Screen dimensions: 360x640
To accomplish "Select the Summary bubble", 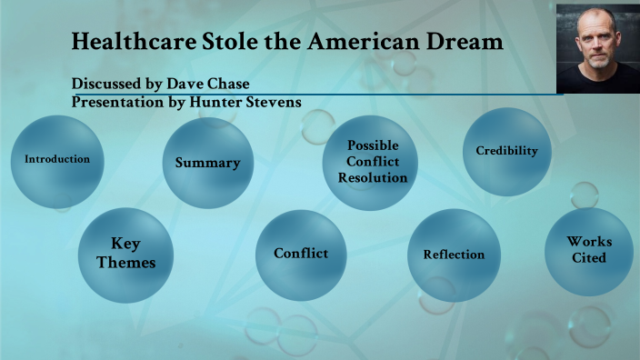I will pyautogui.click(x=207, y=163).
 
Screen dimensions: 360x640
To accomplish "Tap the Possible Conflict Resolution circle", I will pyautogui.click(x=372, y=162).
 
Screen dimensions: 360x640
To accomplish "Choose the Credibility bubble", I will pyautogui.click(x=506, y=151).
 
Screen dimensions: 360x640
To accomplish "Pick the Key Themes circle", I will pyautogui.click(x=125, y=254).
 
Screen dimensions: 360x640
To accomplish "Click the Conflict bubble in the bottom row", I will pyautogui.click(x=301, y=254).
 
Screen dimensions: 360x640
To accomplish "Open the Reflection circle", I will pyautogui.click(x=454, y=255).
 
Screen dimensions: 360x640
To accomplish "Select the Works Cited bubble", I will pyautogui.click(x=589, y=250).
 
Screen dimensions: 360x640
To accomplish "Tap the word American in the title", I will pyautogui.click(x=357, y=42).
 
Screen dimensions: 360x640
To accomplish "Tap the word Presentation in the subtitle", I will pyautogui.click(x=117, y=103).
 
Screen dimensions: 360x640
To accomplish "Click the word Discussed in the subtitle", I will pyautogui.click(x=108, y=85).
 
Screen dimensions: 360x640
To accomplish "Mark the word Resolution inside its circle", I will pyautogui.click(x=372, y=177).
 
